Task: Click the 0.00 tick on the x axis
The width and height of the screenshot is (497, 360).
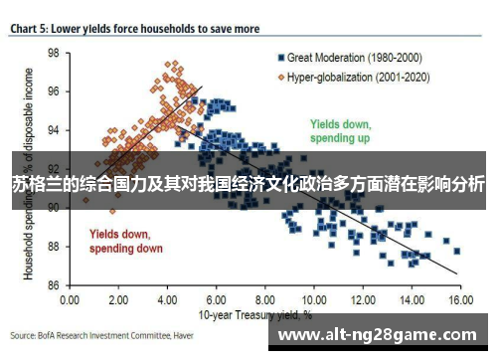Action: (x=70, y=299)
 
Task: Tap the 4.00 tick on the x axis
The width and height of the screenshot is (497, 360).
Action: (x=166, y=299)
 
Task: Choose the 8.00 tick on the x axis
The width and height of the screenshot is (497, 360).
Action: (x=263, y=299)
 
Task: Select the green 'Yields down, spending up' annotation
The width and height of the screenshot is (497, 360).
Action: (x=340, y=132)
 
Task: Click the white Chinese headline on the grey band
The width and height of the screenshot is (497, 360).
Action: (x=248, y=184)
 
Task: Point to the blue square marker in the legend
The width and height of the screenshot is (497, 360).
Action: (x=282, y=57)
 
